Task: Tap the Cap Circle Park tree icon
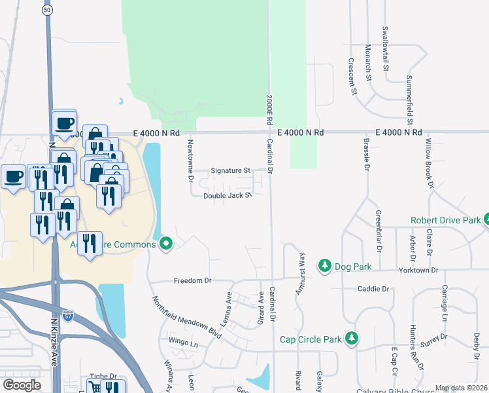tap(352, 338)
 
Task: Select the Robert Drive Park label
tap(445, 221)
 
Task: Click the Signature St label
tap(231, 171)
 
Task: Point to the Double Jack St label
tap(227, 196)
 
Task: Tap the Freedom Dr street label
tap(193, 280)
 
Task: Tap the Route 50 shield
tap(46, 10)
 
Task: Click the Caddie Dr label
tap(373, 288)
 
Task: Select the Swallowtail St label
tap(386, 48)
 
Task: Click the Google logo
tap(22, 385)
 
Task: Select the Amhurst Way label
tap(301, 273)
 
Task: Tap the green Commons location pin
tap(166, 244)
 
